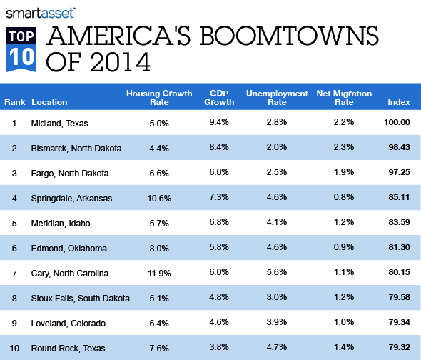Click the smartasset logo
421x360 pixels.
tap(42, 11)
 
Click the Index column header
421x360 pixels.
tap(398, 102)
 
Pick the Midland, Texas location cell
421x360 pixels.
tap(60, 124)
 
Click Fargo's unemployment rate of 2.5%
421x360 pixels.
tap(276, 174)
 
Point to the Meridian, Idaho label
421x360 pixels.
tap(61, 224)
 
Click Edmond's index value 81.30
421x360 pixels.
tap(397, 249)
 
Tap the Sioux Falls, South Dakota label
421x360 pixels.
tap(78, 299)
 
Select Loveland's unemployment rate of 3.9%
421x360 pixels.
tap(276, 324)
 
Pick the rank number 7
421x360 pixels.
tap(14, 274)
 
